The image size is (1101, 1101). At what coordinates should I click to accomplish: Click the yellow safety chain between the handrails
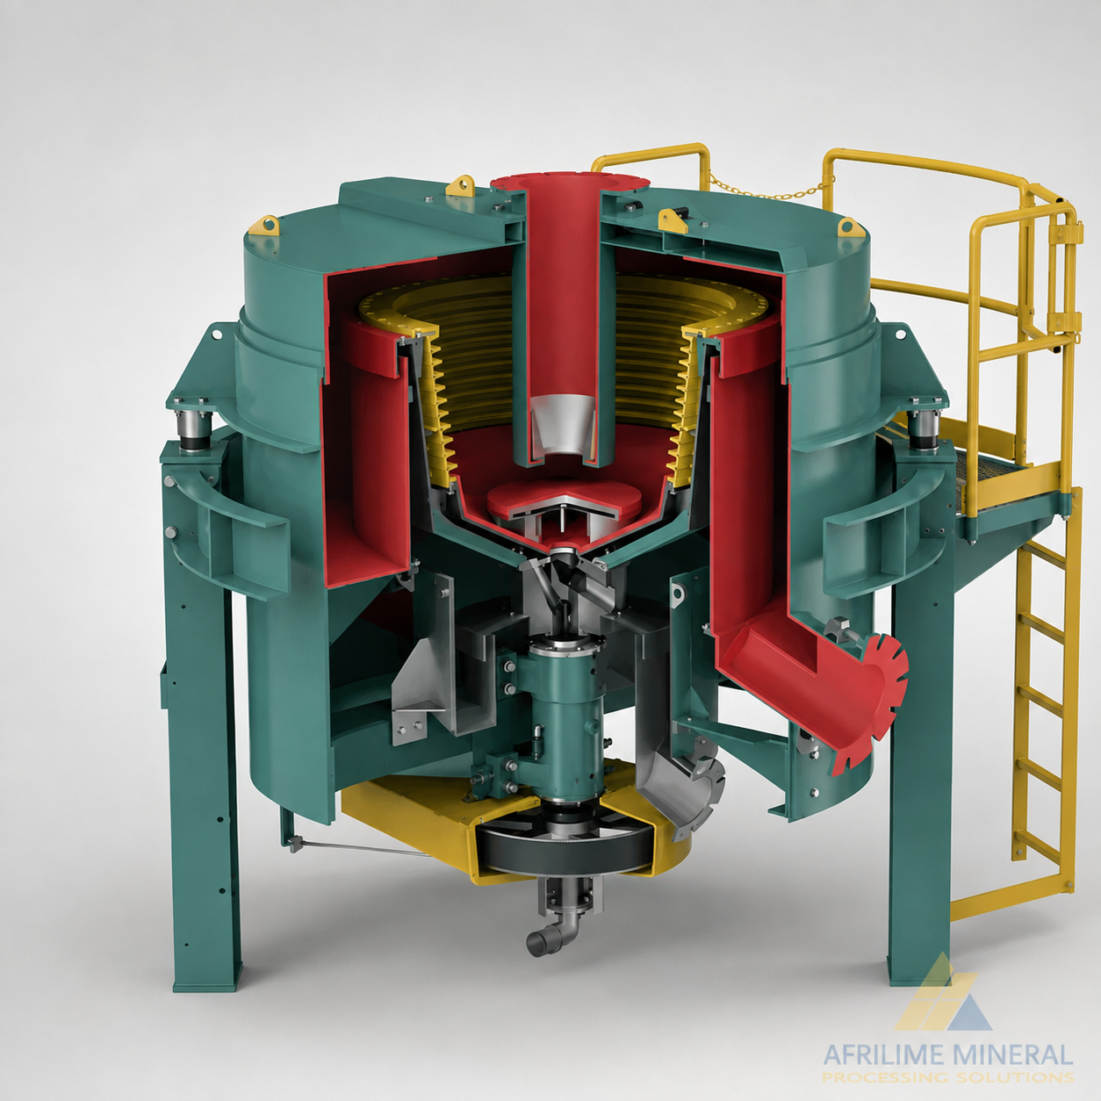[x=769, y=184]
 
